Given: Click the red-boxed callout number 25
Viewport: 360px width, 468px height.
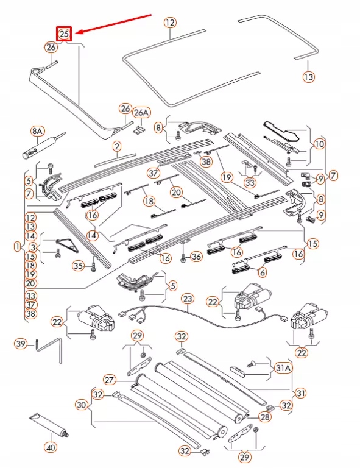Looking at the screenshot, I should (x=65, y=34).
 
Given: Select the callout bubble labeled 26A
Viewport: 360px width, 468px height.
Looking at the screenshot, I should (x=141, y=113).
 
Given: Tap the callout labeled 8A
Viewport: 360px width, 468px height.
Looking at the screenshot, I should (x=38, y=132).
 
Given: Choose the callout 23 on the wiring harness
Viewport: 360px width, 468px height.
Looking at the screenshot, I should (x=188, y=299).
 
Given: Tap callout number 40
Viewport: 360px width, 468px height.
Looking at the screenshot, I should (x=50, y=447).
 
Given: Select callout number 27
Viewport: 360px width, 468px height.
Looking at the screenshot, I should (x=109, y=380).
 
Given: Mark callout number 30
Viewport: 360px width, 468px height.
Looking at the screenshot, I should (x=82, y=404).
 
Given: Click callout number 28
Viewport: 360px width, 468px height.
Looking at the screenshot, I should (x=264, y=417).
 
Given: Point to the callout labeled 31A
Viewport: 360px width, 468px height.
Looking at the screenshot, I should (x=283, y=368).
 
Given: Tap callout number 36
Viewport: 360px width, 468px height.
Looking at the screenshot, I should (x=196, y=257).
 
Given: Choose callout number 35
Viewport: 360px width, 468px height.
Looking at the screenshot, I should (x=77, y=265).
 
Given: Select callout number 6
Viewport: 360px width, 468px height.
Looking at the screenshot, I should (x=262, y=272).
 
